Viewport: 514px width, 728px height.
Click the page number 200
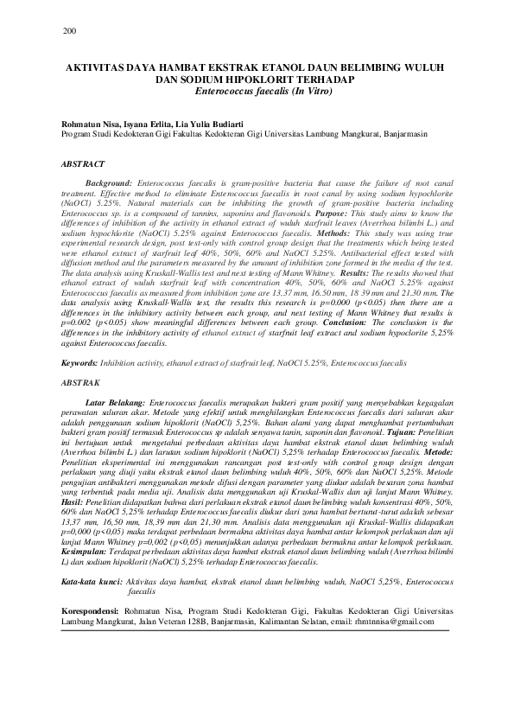click(x=70, y=32)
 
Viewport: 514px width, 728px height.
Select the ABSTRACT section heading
click(x=83, y=163)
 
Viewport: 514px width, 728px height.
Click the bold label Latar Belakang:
click(x=117, y=403)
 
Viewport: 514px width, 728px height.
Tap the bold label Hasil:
click(x=73, y=500)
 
